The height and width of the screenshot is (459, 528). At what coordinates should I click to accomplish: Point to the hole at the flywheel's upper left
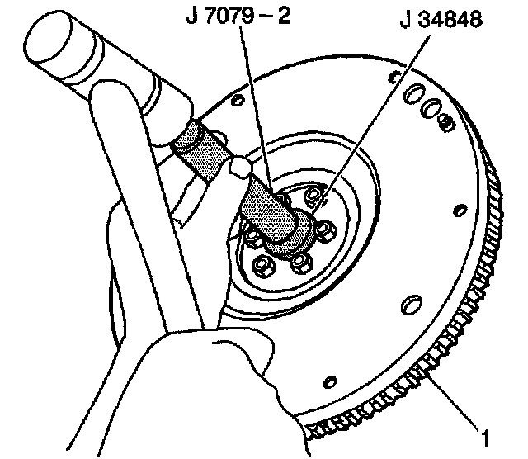click(237, 102)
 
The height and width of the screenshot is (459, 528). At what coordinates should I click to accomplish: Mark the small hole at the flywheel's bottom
click(330, 381)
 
